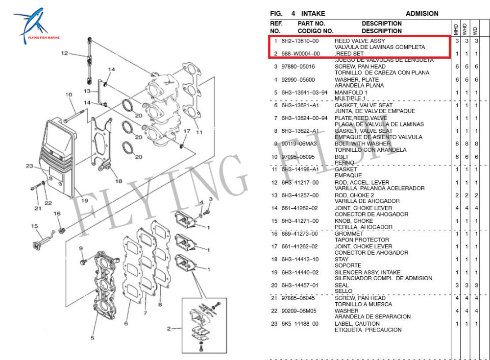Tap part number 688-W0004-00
pos(300,54)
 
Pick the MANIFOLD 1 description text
pos(351,93)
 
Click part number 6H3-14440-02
pos(300,272)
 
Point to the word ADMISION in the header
pos(422,14)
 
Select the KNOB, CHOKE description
pos(354,221)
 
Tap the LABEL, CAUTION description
pos(357,324)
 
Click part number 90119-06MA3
pos(299,144)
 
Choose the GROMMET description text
pos(349,234)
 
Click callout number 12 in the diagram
pos(64,53)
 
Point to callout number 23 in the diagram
pos(30,166)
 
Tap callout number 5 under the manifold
pos(92,337)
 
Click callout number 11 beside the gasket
pos(199,132)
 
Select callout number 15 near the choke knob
pos(34,226)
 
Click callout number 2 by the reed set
pos(169,328)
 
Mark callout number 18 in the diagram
pos(119,181)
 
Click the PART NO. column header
pos(312,24)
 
